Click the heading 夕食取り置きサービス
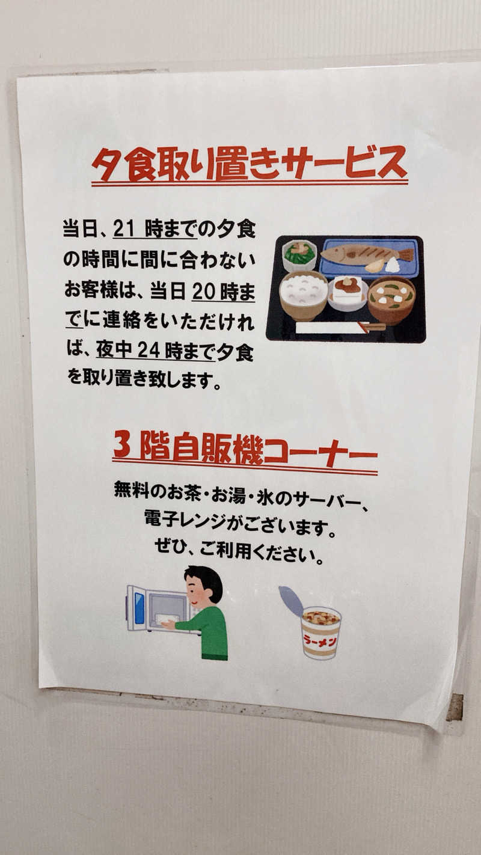click(x=249, y=164)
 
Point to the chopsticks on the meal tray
click(x=340, y=327)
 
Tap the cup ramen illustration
click(x=320, y=631)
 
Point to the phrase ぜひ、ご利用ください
click(x=239, y=551)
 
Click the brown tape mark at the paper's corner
click(x=455, y=707)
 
